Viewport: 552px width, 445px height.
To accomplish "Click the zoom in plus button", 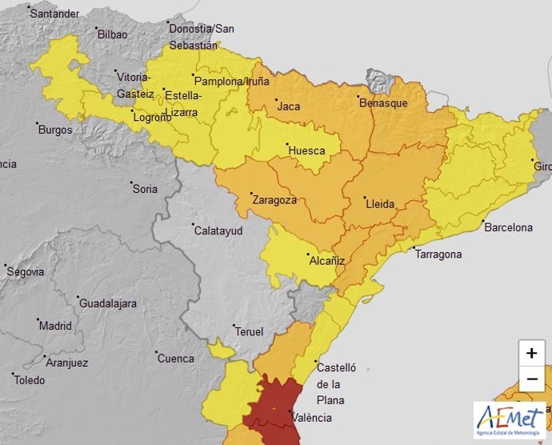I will click(532, 353).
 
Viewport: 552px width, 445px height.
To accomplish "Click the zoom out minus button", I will click(532, 379).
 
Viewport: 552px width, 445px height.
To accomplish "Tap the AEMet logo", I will click(510, 420).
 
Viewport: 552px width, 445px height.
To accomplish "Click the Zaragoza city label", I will click(274, 200).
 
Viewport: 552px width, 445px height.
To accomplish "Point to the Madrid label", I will click(55, 326).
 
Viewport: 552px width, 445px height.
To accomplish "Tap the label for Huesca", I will click(306, 150).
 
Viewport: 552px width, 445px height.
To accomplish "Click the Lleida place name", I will click(380, 204).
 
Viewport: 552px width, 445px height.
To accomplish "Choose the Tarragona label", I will click(438, 255).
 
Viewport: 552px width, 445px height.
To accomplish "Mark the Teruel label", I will click(248, 331).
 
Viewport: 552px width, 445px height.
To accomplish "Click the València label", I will click(313, 418).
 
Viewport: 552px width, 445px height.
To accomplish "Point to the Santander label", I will click(55, 14).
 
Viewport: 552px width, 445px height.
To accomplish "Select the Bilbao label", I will click(112, 34).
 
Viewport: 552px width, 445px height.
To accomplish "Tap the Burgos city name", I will click(54, 130).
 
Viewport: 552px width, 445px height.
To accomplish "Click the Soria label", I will click(145, 189).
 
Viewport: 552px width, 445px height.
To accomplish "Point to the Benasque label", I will click(383, 103).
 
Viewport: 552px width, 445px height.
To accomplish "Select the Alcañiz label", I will click(327, 260).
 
